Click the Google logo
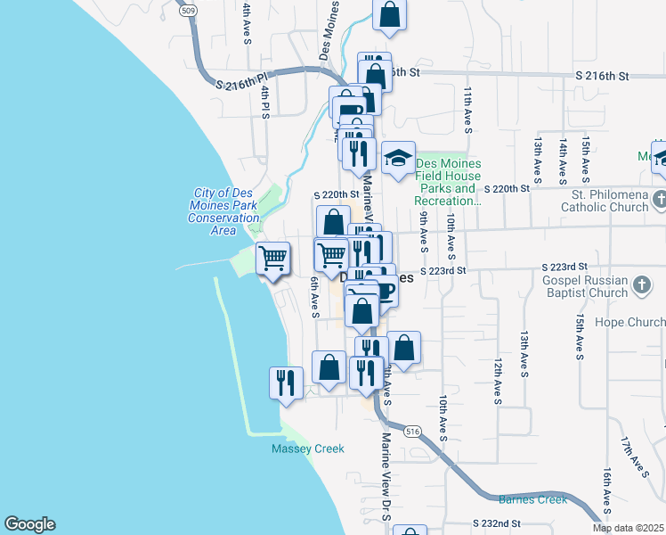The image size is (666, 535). tap(29, 524)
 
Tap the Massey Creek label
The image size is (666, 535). tap(307, 449)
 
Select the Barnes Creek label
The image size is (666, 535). tap(532, 499)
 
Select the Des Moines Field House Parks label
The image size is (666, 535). tap(449, 182)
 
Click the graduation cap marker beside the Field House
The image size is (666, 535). tap(398, 158)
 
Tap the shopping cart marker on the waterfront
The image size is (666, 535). tap(272, 258)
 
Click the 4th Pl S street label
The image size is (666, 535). tap(264, 101)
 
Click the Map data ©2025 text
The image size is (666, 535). tap(628, 528)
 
